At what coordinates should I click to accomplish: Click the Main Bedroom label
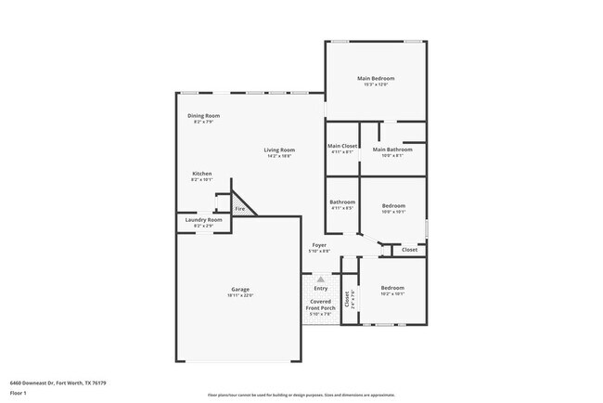tap(377, 78)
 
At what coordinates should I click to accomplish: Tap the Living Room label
tap(279, 149)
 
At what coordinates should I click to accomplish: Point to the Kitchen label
tap(202, 174)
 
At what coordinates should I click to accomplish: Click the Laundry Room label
tap(203, 219)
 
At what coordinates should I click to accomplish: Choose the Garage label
tap(240, 289)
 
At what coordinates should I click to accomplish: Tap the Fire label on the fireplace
tap(240, 209)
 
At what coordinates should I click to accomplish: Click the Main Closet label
tap(342, 147)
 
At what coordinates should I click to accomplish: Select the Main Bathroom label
tap(392, 149)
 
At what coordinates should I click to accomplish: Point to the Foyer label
tap(319, 245)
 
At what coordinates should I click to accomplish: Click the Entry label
tap(320, 289)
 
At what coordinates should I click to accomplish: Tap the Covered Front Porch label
tap(320, 305)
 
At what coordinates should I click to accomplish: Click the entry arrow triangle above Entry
tap(320, 278)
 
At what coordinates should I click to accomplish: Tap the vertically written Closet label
tap(347, 299)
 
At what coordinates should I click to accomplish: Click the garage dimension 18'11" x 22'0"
tap(240, 295)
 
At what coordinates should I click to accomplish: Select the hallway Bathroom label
tap(342, 201)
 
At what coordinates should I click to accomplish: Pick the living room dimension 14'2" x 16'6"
tap(279, 156)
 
